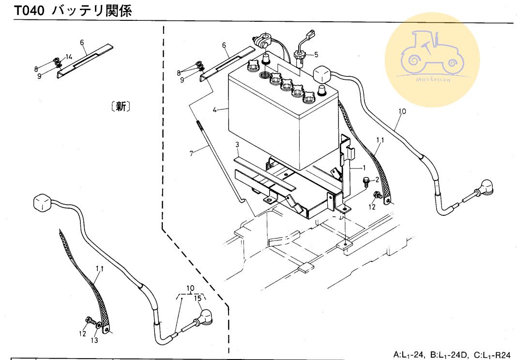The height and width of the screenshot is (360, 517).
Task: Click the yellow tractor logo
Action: [x=432, y=60]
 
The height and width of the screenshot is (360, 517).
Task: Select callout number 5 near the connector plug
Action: [x=316, y=54]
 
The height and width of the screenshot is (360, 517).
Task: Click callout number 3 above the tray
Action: [x=238, y=145]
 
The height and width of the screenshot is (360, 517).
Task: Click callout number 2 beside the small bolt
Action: [x=377, y=180]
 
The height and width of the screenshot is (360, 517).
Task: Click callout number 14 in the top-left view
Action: [x=69, y=57]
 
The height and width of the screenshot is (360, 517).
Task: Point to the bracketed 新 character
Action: [x=121, y=106]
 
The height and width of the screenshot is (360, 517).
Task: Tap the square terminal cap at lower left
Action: [x=43, y=203]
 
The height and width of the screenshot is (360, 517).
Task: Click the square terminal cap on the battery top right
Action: [x=321, y=74]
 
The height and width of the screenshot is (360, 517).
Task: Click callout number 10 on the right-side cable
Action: [x=402, y=111]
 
